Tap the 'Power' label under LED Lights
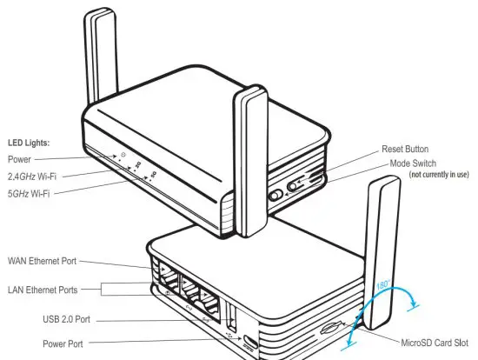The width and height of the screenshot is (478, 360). click(19, 159)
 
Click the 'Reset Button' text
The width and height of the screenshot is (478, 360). click(405, 150)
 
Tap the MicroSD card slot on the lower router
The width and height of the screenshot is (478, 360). click(331, 330)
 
